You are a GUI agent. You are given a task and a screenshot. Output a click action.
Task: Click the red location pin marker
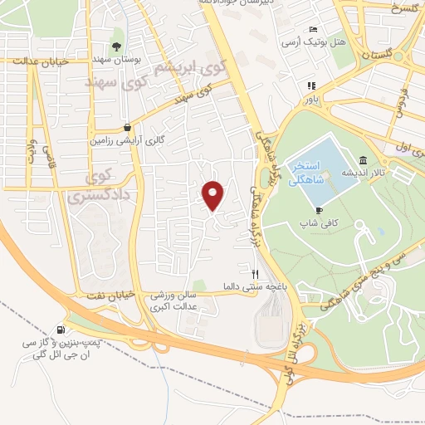coord(214,195)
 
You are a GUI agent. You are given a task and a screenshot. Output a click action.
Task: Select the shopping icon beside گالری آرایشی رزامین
coord(127,127)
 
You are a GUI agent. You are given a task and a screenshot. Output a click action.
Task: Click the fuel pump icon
coord(61,328)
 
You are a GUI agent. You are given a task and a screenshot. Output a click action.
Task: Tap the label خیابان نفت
coord(99,296)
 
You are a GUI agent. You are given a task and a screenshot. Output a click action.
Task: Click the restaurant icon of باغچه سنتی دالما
coord(256,272)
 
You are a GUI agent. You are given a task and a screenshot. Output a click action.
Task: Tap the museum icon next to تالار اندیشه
coord(363,160)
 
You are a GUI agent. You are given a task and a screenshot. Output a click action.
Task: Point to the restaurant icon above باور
coord(311,85)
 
